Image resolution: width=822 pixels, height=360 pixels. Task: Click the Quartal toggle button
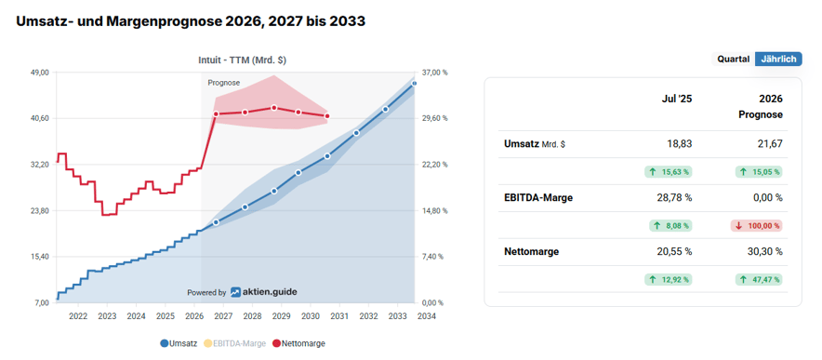(733, 59)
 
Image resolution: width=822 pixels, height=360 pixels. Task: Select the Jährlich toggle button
(778, 59)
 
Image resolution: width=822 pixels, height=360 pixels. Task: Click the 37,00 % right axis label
(434, 73)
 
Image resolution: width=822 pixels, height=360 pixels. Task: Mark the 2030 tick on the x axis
(311, 316)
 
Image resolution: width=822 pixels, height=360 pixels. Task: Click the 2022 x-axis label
(78, 316)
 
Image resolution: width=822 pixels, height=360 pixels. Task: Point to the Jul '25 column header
(677, 99)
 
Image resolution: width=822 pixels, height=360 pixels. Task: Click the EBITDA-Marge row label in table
(537, 198)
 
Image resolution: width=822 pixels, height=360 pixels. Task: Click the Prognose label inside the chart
(223, 83)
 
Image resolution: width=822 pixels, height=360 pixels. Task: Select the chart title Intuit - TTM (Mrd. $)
(242, 60)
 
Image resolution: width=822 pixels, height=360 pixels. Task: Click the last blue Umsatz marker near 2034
(415, 84)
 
